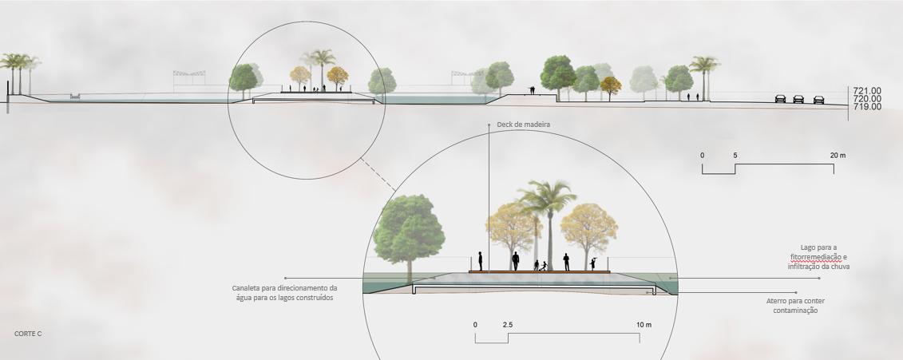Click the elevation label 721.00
[x=867, y=91]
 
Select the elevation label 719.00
[x=867, y=106]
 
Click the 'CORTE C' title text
[x=28, y=334]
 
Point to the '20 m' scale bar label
[x=838, y=156]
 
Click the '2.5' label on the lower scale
[x=507, y=325]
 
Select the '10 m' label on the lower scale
[x=644, y=325]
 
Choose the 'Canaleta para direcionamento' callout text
[x=284, y=288]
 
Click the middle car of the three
[x=798, y=99]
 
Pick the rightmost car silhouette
[x=818, y=100]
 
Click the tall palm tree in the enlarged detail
[x=548, y=224]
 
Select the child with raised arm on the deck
[x=592, y=263]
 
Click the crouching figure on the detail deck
[x=543, y=266]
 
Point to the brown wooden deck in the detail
[x=539, y=272]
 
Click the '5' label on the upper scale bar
[x=735, y=156]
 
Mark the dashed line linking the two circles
[x=378, y=174]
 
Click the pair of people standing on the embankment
[x=532, y=90]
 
